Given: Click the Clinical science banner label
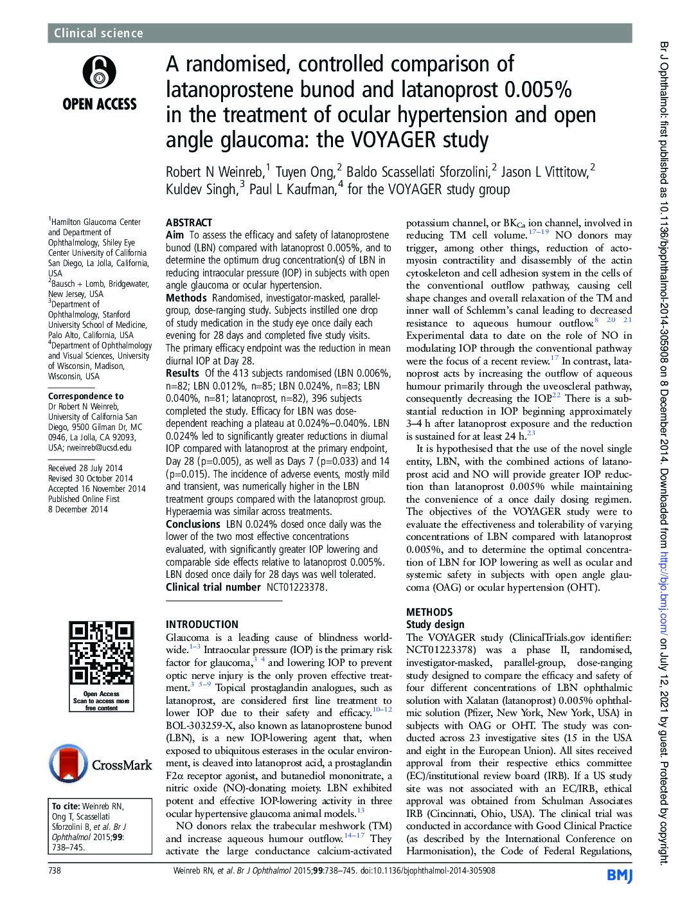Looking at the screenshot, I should pyautogui.click(x=98, y=33).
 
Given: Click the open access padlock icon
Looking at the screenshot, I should pyautogui.click(x=99, y=71).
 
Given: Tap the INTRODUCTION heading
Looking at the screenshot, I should pyautogui.click(x=202, y=624).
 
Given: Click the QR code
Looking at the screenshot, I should pyautogui.click(x=102, y=654).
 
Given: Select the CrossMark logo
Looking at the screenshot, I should pyautogui.click(x=102, y=765).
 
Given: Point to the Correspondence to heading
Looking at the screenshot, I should pyautogui.click(x=86, y=396).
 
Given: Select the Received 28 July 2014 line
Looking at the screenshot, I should pyautogui.click(x=85, y=468).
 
